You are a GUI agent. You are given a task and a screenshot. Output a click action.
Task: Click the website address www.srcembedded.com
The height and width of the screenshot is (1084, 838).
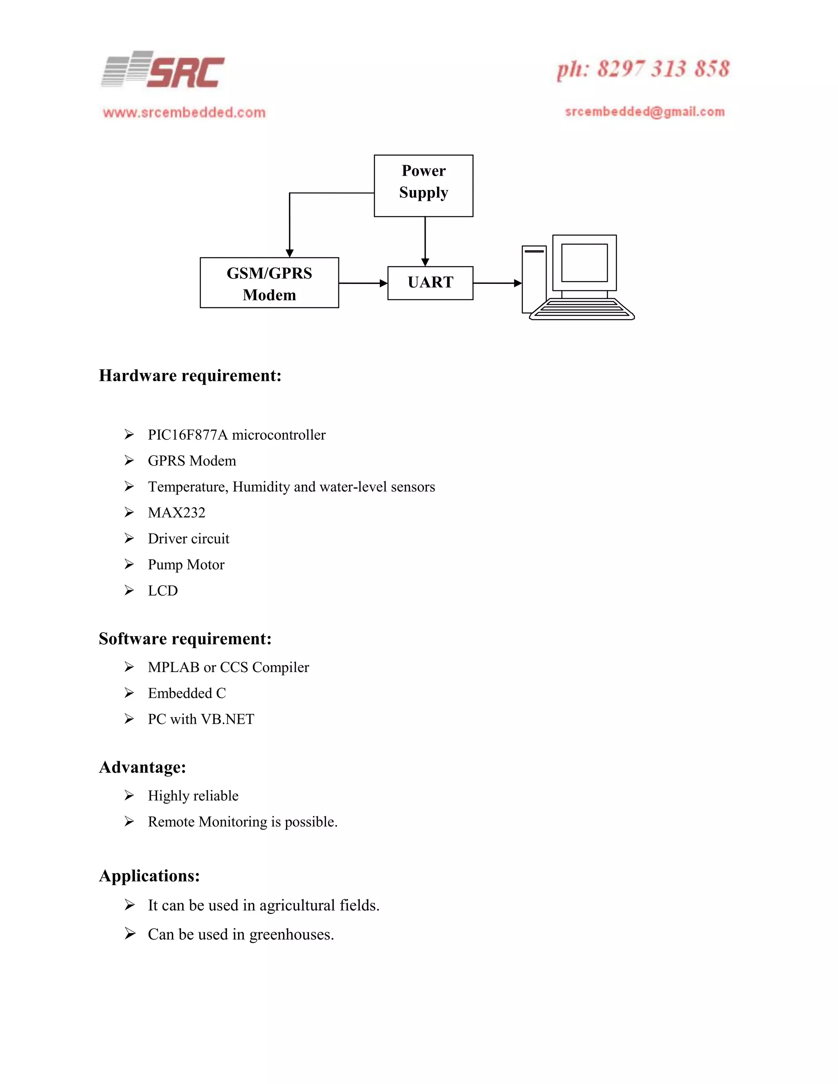[x=184, y=112]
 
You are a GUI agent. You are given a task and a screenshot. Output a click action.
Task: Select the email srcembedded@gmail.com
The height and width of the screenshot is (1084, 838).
[x=644, y=112]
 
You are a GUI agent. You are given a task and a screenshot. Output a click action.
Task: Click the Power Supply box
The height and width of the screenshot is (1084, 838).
[x=424, y=186]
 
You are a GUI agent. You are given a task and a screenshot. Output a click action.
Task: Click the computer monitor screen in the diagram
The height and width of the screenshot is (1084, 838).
[x=584, y=263]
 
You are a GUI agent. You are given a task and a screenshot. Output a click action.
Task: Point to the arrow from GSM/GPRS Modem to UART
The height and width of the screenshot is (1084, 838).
[x=363, y=283]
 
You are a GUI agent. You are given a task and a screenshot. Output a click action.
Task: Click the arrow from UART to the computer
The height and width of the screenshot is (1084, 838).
[x=496, y=283]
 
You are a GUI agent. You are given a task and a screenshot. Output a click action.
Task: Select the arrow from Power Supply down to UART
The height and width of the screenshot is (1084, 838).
[x=425, y=241]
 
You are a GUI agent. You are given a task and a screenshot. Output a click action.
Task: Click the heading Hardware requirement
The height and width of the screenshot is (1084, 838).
[x=190, y=376]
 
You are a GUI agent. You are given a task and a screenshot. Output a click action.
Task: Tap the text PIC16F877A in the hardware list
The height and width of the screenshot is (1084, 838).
[x=188, y=435]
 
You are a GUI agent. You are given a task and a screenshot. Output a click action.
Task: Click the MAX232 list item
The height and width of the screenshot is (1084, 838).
[x=176, y=513]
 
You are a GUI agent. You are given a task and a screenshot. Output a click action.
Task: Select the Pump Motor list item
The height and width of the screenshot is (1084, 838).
[x=186, y=565]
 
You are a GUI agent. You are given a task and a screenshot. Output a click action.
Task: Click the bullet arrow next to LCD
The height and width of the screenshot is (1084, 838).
[x=129, y=591]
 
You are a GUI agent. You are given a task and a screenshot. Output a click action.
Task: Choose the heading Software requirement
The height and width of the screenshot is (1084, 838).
[x=185, y=639]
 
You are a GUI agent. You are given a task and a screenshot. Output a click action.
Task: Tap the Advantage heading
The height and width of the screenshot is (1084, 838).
[x=142, y=767]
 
